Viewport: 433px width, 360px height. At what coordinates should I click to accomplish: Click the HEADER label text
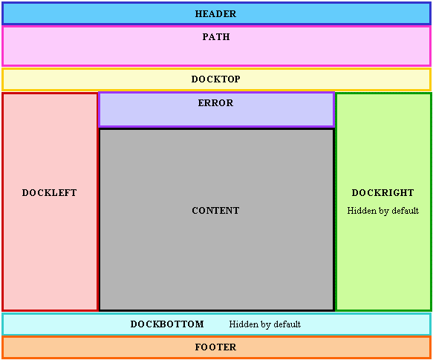click(x=215, y=14)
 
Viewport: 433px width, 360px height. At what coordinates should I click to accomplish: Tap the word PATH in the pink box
click(x=216, y=36)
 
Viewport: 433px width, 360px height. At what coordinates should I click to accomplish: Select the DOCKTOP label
click(x=215, y=79)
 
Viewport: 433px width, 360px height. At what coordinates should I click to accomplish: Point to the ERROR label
click(x=215, y=103)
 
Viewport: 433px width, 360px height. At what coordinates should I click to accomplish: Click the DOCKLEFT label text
click(x=50, y=193)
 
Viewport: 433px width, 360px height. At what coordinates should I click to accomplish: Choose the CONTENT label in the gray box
click(x=215, y=210)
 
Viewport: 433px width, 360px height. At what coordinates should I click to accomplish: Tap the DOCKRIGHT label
click(x=383, y=193)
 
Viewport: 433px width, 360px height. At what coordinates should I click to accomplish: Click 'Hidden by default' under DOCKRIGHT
click(x=383, y=211)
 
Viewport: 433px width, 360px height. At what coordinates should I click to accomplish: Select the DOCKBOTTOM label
click(x=167, y=324)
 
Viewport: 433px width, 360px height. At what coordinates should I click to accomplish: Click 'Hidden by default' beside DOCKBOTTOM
click(x=265, y=324)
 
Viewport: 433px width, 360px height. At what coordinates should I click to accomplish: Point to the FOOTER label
click(x=215, y=347)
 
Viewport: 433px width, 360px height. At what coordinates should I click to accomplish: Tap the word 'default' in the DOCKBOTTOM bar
click(x=287, y=324)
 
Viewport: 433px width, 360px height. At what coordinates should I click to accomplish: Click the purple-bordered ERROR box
click(x=217, y=110)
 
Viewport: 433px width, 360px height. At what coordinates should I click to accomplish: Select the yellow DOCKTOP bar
click(x=217, y=79)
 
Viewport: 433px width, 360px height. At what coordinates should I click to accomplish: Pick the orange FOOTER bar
click(x=217, y=347)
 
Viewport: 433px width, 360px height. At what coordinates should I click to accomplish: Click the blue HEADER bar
click(x=217, y=13)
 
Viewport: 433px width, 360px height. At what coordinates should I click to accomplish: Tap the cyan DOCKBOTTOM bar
click(x=217, y=324)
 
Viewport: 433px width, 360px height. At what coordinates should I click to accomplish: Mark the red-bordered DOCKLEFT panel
click(x=50, y=202)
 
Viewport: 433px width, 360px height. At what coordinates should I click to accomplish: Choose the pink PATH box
click(x=217, y=46)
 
